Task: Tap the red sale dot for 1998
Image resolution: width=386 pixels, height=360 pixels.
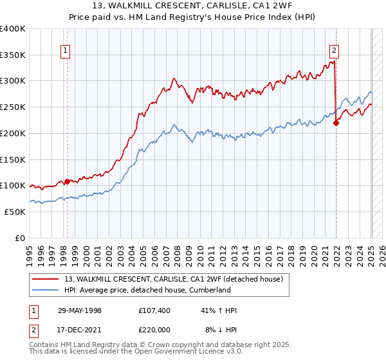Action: point(68,182)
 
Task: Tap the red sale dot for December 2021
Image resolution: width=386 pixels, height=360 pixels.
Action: point(336,123)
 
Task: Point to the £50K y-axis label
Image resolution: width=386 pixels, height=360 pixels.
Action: point(15,212)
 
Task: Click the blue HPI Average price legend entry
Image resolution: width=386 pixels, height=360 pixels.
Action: point(147,290)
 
